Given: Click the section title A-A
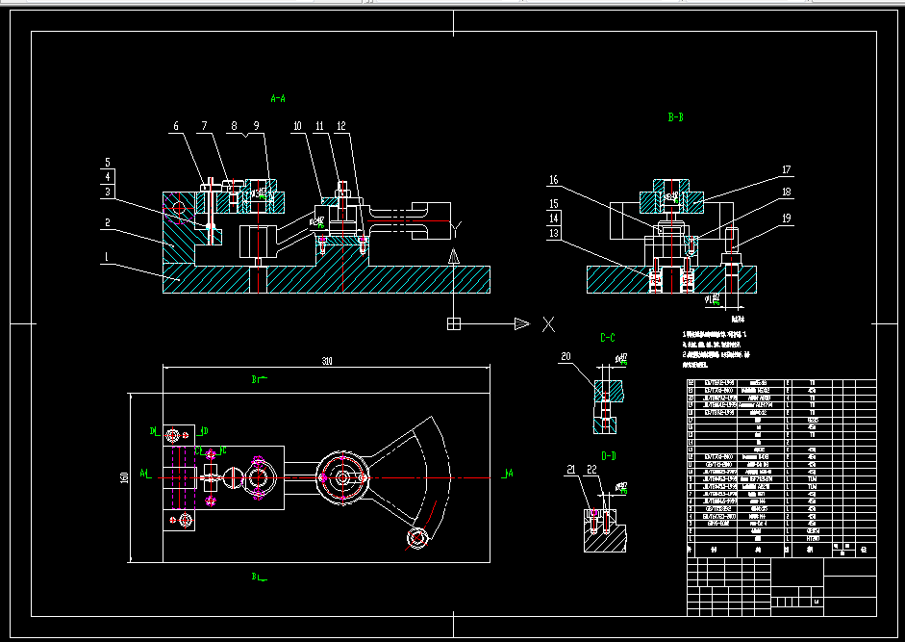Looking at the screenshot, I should point(277,98).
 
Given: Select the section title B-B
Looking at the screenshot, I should point(675,117).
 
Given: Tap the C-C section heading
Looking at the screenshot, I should point(608,338).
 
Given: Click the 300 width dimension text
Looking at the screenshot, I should point(327,361).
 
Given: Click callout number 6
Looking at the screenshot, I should point(176,126).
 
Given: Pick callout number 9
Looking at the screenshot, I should point(257,126).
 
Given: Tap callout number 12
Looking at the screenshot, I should point(341,126).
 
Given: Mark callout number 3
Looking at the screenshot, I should point(108,193).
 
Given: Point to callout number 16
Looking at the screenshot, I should point(553,180).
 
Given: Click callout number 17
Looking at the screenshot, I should point(786,170).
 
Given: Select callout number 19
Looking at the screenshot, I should point(786,218).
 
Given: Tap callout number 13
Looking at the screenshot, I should point(553,234).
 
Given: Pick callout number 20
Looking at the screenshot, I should point(566,357).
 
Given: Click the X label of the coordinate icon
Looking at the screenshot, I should point(548,324).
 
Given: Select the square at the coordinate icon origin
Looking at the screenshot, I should point(454,324).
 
